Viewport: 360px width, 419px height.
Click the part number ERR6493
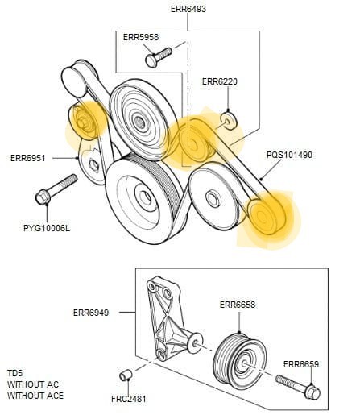[188, 9]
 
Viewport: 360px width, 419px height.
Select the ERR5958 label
[141, 37]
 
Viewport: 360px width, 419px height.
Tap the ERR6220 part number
[220, 81]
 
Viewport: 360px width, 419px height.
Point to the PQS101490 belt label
[289, 155]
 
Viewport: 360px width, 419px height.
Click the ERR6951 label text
[28, 158]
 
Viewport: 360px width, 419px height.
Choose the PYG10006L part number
[47, 228]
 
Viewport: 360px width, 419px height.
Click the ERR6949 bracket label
[91, 313]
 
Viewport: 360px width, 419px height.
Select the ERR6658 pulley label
[238, 305]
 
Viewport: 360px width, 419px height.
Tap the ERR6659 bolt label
[301, 364]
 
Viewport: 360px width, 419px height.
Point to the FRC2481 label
[129, 399]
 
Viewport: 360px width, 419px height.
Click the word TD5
[15, 373]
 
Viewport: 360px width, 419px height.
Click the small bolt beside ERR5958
[159, 57]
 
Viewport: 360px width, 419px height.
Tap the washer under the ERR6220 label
[229, 121]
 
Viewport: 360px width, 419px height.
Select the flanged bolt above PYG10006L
[56, 189]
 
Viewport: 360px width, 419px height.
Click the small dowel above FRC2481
[125, 375]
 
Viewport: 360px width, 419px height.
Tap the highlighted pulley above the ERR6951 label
[84, 122]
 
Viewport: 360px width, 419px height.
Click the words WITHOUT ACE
[35, 396]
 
